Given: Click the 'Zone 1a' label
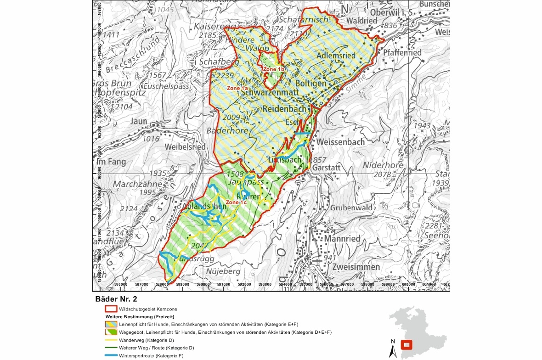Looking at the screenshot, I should click(237, 88).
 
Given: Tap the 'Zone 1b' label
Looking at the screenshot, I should click(273, 69).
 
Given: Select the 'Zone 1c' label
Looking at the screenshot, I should click(237, 202).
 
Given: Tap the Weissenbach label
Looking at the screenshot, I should click(340, 142).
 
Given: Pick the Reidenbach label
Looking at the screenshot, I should click(284, 109).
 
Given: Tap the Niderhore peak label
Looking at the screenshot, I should click(383, 165).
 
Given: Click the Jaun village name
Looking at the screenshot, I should click(139, 121).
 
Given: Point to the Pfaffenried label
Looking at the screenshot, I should click(402, 53).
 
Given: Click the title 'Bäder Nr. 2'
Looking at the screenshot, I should click(116, 299).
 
